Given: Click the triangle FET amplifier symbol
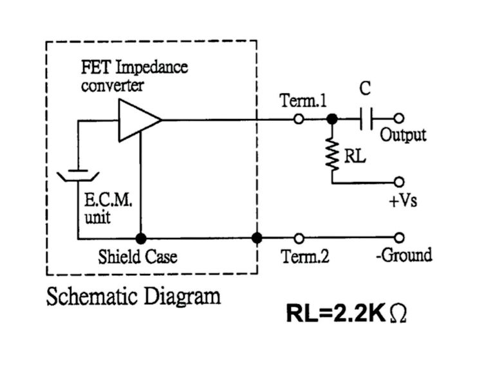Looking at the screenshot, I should tap(136, 120).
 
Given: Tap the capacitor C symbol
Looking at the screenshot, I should tap(366, 119).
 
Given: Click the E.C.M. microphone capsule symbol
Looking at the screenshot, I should tap(78, 175).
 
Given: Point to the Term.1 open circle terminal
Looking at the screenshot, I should tap(298, 119).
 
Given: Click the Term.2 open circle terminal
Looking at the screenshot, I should tap(298, 238).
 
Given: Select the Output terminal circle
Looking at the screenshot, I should tap(399, 119).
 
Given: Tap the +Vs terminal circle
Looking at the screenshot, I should tap(399, 183).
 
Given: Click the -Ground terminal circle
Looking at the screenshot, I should tap(399, 238).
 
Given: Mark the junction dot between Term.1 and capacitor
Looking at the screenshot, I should tap(332, 119).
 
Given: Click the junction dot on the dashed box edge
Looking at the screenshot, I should tap(257, 238).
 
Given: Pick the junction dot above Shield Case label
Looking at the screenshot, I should tap(140, 238).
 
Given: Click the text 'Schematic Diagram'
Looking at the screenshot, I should tap(133, 296).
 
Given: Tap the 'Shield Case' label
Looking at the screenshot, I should tap(137, 257).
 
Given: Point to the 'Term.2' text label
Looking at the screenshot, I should tap(305, 257).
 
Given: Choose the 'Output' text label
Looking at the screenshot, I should tap(403, 136).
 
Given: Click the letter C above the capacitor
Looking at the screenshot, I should tap(365, 89).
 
